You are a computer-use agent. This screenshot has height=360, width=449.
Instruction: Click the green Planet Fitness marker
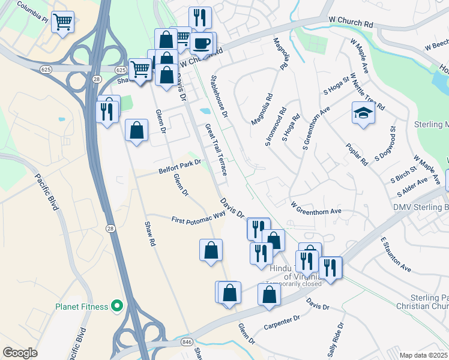(x=116, y=307)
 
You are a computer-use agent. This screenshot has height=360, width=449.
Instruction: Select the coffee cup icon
(x=202, y=43)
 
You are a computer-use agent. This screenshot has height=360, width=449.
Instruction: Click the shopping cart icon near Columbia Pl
(x=62, y=23)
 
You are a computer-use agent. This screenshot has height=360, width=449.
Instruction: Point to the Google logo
(x=20, y=352)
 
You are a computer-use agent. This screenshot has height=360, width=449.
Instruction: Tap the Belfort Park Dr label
(x=179, y=166)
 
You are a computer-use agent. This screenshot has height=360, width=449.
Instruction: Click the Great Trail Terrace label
(x=216, y=150)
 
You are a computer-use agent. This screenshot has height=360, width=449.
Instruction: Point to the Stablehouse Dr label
(x=220, y=96)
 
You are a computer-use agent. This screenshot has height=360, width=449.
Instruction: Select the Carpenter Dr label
(x=281, y=323)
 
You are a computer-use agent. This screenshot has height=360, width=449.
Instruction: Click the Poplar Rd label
(x=357, y=154)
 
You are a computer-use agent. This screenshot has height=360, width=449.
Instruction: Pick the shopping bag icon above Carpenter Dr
(x=269, y=295)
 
